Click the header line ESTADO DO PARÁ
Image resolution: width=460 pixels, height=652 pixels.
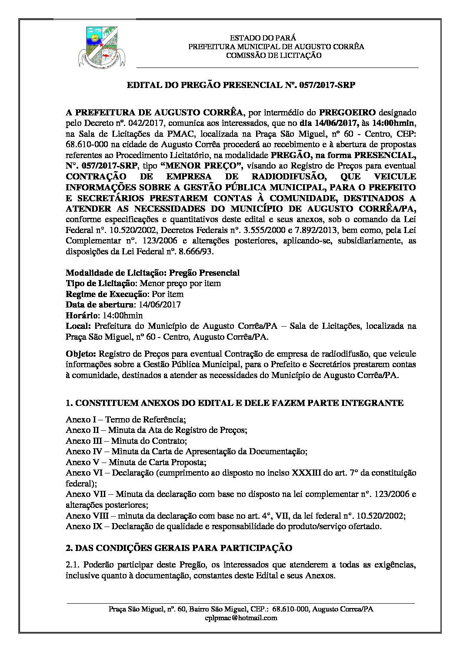click(263, 38)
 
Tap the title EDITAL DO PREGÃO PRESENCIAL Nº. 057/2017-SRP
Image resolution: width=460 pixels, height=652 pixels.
click(240, 85)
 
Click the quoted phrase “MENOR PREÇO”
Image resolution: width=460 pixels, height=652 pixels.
click(203, 166)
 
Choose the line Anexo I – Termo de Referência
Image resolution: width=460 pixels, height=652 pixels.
click(126, 419)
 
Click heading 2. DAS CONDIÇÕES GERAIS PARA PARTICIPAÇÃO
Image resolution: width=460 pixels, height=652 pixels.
click(179, 547)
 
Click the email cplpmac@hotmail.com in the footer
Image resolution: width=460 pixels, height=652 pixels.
click(240, 618)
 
